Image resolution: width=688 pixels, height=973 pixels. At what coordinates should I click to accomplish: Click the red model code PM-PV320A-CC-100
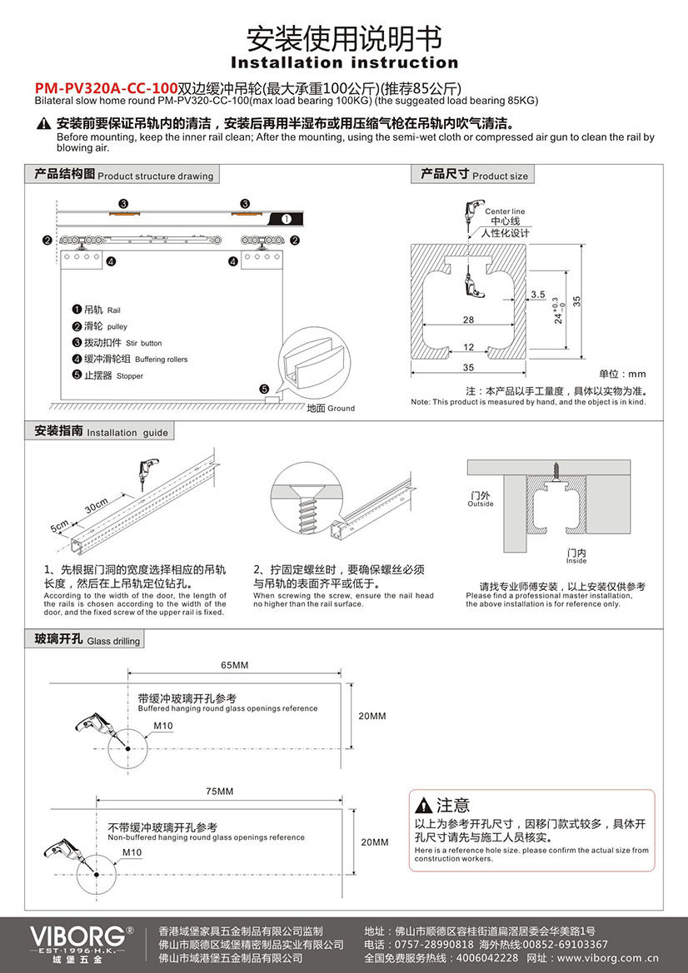pos(106,87)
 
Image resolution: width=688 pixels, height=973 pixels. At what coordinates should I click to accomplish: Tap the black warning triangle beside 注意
pos(424,805)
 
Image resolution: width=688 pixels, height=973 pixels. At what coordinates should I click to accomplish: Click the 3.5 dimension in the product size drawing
pos(537,295)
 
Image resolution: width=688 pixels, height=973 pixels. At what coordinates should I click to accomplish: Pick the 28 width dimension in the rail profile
pos(468,320)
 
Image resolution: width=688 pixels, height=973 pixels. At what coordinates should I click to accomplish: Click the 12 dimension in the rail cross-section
pos(468,346)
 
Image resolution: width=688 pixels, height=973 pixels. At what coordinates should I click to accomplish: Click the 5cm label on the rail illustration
pos(59,528)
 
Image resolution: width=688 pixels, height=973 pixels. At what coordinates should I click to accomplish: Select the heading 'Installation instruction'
pos(344,62)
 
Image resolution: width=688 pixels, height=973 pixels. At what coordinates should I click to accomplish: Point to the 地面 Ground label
pos(331,408)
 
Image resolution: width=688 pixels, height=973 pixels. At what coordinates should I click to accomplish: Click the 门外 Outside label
pos(481,499)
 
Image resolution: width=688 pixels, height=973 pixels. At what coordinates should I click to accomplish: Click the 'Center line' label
pos(505,211)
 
